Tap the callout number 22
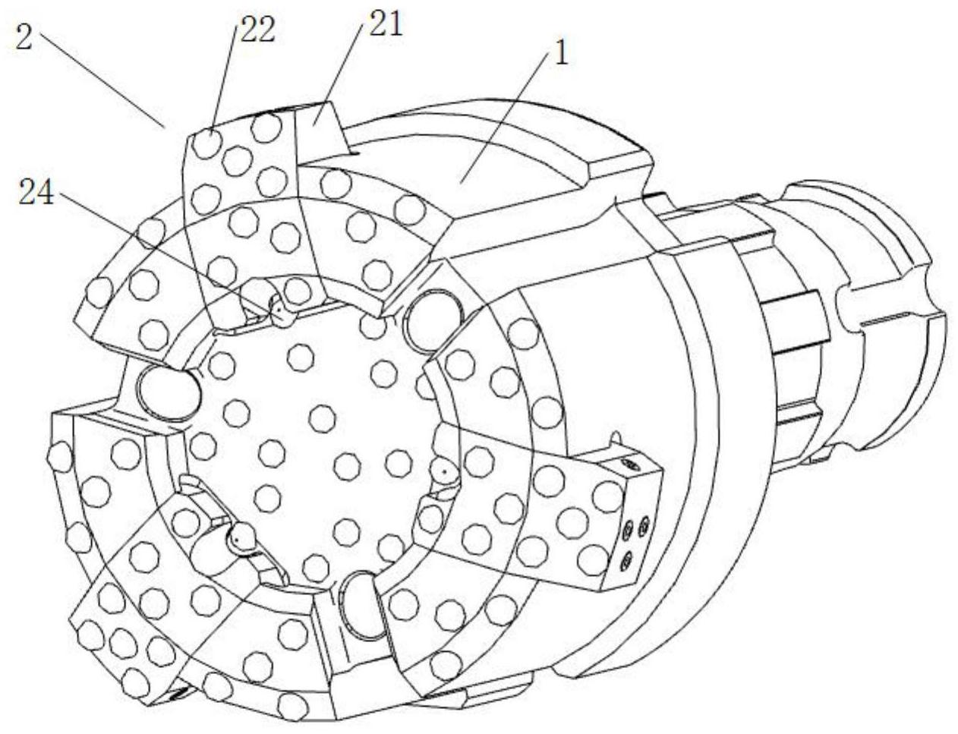tap(257, 32)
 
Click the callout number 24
tap(37, 195)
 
